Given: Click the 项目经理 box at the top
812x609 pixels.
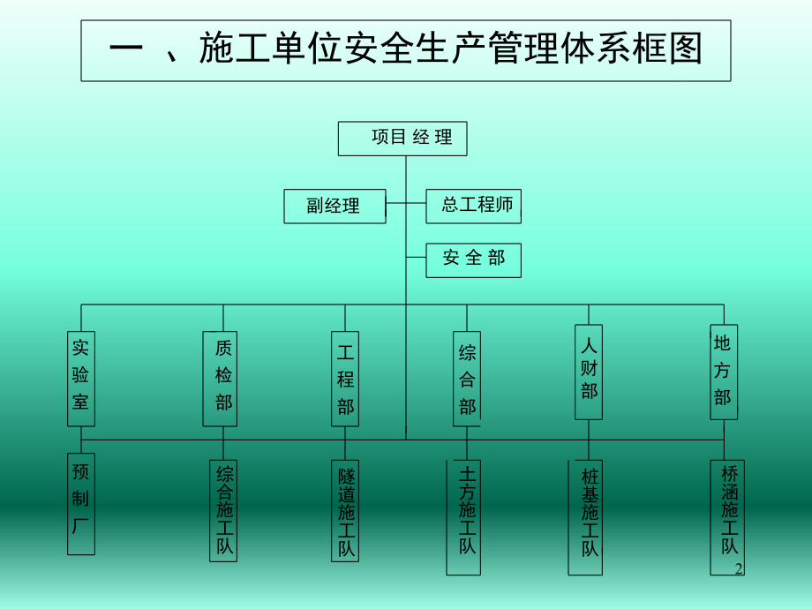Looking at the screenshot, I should coord(402,139).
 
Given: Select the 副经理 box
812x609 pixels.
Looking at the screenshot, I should coord(335,207).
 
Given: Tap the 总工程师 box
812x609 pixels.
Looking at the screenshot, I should coord(473,207).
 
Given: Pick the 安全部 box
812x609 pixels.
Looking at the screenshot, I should coord(473,260).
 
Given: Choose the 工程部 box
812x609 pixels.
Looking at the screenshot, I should coord(345,380).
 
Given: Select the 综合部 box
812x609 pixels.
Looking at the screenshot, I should coord(467,380).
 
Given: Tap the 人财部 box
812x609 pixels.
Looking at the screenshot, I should coord(589,372).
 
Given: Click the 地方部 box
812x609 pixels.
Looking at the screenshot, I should coord(724,372).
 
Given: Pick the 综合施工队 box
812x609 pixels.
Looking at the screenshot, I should coord(223,510).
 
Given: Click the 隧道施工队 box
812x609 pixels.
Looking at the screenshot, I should coord(345,510).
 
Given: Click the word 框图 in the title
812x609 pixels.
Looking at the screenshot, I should coord(653,50).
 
